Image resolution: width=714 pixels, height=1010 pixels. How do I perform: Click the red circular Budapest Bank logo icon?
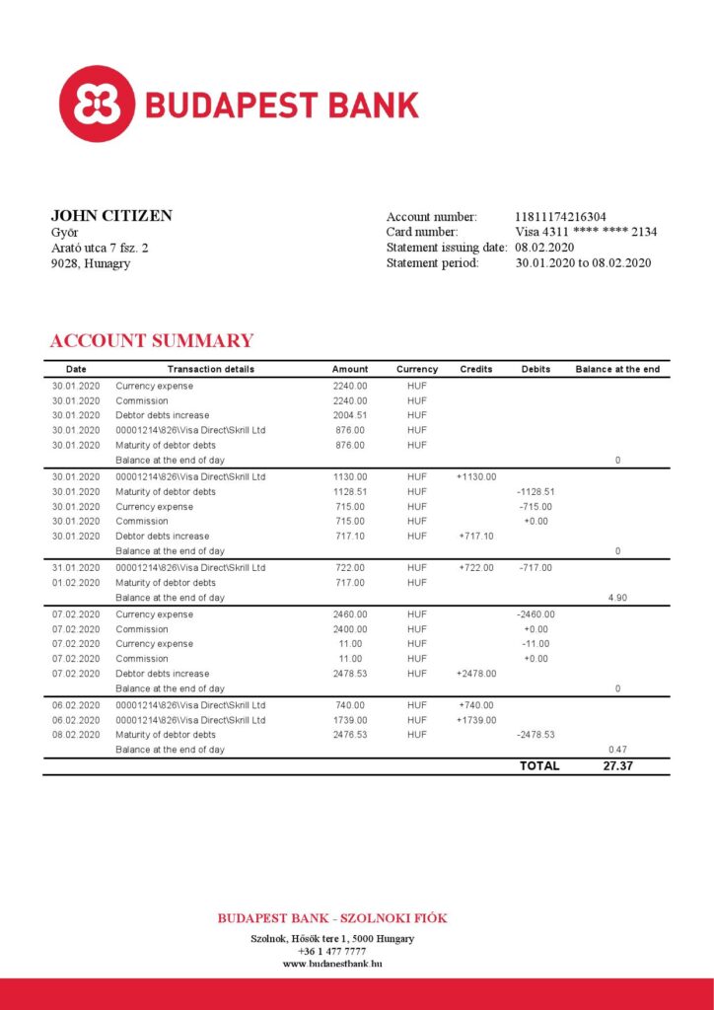pos(97,104)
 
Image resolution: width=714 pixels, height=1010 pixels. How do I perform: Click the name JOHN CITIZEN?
pos(111,216)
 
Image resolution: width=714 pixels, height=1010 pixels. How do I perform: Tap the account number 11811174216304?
pos(560,217)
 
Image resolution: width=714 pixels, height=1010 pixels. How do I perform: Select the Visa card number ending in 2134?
pos(586,232)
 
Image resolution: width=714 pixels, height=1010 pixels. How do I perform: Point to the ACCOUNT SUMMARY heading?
pos(151,341)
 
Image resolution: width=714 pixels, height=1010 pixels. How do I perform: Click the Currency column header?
pos(417,369)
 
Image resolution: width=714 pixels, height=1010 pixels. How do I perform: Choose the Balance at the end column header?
pos(617,369)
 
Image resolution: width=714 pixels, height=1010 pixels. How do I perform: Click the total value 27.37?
pos(617,766)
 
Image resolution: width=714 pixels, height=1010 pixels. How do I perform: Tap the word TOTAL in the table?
pos(539,766)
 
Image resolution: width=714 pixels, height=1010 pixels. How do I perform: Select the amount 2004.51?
pos(350,415)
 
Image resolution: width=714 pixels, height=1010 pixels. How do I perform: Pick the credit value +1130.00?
pos(476,476)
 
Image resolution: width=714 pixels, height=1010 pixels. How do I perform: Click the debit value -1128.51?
pos(535,491)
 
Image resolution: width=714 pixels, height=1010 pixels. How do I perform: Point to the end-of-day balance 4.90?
pos(617,598)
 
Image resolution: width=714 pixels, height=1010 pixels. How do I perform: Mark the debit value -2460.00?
pos(535,614)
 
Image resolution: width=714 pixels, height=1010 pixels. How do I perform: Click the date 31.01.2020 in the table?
pos(76,568)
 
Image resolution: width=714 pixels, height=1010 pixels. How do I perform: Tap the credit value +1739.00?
pos(476,720)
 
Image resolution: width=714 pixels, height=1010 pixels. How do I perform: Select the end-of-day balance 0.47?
pos(617,750)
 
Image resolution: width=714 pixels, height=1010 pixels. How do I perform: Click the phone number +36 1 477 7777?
pos(331,951)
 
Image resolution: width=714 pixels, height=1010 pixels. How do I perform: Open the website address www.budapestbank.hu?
pos(332,964)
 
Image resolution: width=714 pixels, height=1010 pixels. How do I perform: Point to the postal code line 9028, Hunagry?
pos(91,263)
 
